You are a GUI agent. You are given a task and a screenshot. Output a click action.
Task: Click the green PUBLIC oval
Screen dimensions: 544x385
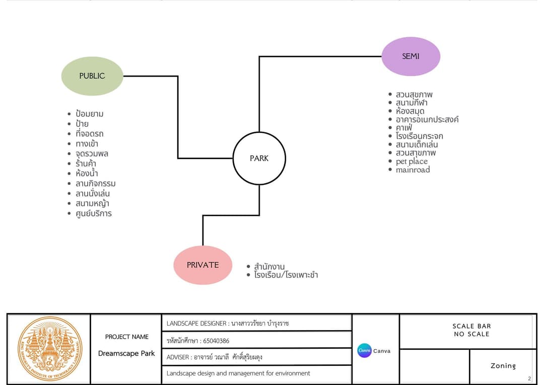tap(92, 76)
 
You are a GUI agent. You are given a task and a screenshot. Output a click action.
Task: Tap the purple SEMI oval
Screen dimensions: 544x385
tap(411, 56)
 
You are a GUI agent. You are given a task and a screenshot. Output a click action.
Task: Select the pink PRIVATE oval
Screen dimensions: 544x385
tap(203, 265)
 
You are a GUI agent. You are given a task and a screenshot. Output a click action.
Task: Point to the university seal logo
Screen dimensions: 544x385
tap(50, 349)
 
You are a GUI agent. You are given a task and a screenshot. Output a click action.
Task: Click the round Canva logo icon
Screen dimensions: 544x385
tap(364, 351)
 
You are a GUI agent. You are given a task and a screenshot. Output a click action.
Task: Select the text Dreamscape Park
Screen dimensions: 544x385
tap(126, 353)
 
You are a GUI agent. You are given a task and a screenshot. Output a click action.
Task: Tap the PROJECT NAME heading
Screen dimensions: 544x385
tap(127, 337)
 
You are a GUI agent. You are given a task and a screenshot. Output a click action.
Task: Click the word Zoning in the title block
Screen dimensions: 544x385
tap(503, 366)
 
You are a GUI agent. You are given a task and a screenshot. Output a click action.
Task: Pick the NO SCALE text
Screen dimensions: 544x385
tap(471, 334)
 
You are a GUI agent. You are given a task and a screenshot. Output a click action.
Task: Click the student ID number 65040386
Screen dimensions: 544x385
tap(216, 341)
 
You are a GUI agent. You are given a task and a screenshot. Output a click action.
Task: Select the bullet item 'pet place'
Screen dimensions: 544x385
tap(412, 161)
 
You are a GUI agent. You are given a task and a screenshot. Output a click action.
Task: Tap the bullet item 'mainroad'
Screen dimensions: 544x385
tap(413, 170)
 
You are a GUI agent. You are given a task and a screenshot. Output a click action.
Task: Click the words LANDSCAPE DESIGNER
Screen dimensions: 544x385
tap(196, 324)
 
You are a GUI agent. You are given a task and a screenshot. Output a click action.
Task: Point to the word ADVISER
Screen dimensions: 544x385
tap(178, 357)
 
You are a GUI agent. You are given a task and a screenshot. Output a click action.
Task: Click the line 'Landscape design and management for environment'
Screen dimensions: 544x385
tap(238, 373)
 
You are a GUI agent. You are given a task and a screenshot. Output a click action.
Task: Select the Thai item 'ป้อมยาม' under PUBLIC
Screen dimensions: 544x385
tap(90, 113)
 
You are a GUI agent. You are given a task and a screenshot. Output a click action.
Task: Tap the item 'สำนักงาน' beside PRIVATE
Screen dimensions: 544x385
tap(269, 267)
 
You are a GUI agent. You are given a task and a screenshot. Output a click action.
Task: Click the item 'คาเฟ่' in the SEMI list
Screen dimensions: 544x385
tap(404, 127)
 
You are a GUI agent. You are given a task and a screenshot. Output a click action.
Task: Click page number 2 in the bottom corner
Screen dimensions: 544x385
tap(529, 379)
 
